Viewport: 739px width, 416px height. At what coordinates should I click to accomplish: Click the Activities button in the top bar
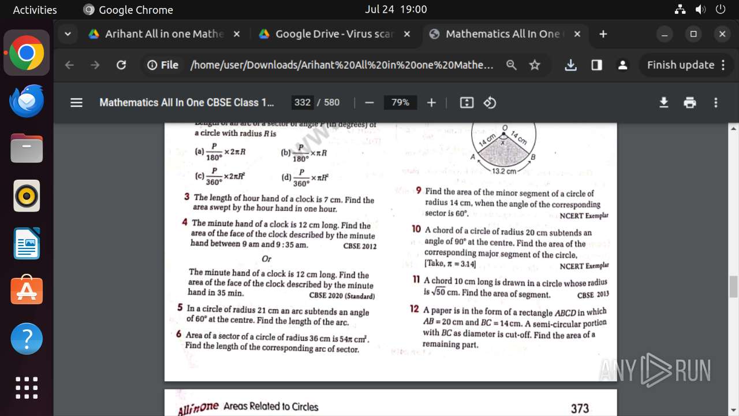[35, 10]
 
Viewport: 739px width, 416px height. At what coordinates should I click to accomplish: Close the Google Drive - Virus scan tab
[407, 34]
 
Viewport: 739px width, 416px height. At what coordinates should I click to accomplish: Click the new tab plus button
[603, 34]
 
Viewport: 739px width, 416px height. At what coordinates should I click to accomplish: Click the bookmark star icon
[535, 65]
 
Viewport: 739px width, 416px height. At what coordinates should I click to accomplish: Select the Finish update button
[681, 65]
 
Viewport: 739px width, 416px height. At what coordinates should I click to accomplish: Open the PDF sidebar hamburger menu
[76, 103]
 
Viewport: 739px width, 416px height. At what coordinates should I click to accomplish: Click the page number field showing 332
[303, 103]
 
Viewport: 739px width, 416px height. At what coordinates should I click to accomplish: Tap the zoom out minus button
[369, 103]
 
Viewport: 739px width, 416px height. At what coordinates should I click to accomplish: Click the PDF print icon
[690, 103]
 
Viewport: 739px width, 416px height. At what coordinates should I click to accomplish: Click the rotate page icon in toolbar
[490, 103]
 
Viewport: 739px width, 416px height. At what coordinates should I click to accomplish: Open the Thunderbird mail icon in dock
[27, 101]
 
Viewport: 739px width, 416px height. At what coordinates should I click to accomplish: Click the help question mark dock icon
[27, 339]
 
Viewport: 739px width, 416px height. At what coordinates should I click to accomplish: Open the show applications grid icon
[27, 388]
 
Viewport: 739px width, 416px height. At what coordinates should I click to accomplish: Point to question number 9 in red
[419, 190]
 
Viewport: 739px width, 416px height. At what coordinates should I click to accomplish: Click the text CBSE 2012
[360, 246]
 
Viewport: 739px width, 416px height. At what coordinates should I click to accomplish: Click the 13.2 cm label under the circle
[504, 171]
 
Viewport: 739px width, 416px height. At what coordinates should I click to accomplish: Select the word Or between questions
[266, 259]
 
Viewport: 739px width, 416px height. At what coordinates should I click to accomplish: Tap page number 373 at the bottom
[580, 408]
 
